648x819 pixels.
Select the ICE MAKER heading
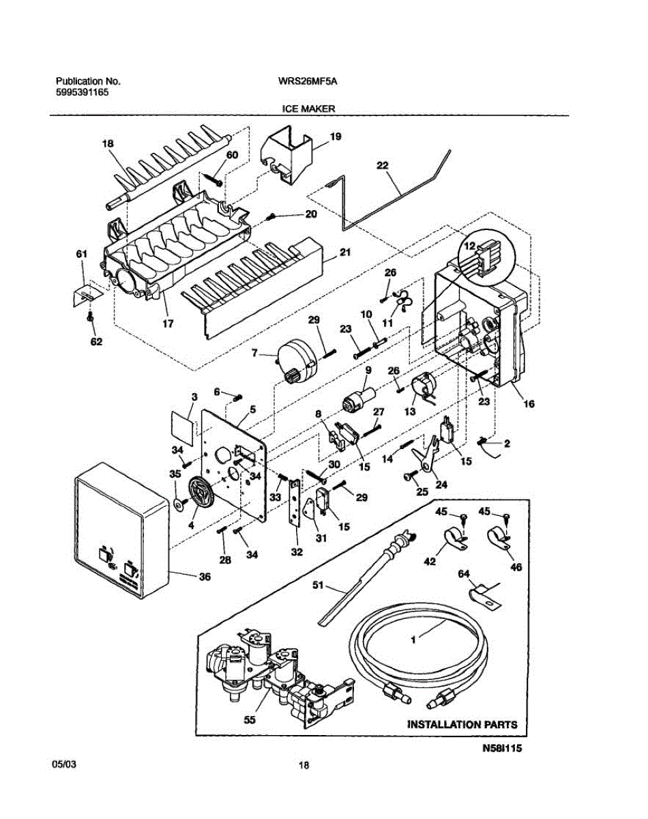tap(308, 109)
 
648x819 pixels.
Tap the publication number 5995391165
tap(82, 92)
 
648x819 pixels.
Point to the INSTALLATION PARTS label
tap(462, 724)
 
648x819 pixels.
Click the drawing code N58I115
tap(502, 749)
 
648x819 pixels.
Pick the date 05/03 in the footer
tap(63, 764)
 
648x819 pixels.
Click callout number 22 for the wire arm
tap(383, 165)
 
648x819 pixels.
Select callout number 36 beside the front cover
tap(205, 577)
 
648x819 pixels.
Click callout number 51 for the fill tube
tap(318, 585)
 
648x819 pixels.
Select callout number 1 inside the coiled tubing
tap(413, 640)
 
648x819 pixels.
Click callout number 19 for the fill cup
tap(335, 136)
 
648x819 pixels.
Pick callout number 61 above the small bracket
tap(82, 254)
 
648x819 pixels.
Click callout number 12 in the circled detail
tap(470, 246)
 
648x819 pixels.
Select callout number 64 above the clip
tap(464, 573)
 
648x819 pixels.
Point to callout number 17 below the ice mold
tap(168, 324)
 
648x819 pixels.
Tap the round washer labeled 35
tap(179, 504)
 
